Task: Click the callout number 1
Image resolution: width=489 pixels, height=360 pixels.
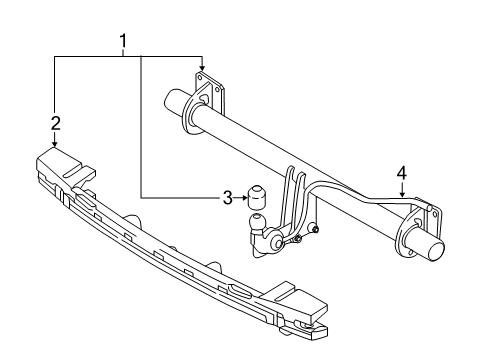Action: [123, 41]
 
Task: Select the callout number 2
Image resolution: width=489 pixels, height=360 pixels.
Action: [56, 123]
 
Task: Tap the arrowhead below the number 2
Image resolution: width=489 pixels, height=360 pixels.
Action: [56, 144]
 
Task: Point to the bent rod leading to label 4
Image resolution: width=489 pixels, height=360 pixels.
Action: [350, 194]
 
